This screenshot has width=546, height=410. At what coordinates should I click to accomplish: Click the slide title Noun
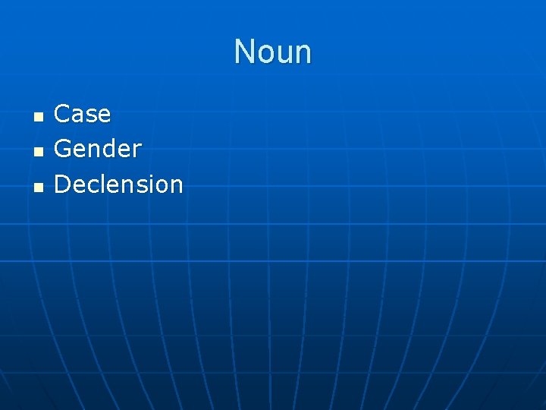(x=273, y=52)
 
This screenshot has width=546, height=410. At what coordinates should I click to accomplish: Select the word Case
(x=83, y=114)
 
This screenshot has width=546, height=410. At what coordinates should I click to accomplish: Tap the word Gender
(x=98, y=149)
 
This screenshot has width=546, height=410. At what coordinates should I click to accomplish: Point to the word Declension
(x=119, y=184)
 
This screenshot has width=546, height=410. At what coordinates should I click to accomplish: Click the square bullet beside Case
(x=38, y=116)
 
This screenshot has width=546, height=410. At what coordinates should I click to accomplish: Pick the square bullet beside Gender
(x=38, y=151)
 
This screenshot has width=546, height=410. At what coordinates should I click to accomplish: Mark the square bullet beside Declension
(x=38, y=186)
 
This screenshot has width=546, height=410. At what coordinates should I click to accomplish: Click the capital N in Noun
(x=243, y=52)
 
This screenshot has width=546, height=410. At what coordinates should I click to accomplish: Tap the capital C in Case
(x=62, y=114)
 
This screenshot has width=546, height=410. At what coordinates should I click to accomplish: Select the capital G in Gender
(x=63, y=149)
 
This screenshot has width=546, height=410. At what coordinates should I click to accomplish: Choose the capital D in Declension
(x=62, y=184)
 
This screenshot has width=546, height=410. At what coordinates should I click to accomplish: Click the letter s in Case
(x=90, y=116)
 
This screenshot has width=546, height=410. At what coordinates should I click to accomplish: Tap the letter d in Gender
(x=108, y=149)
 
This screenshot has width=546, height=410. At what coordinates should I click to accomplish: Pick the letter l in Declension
(x=102, y=184)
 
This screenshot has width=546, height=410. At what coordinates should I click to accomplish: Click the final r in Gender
(x=137, y=151)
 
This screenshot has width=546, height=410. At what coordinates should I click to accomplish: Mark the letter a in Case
(x=77, y=116)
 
